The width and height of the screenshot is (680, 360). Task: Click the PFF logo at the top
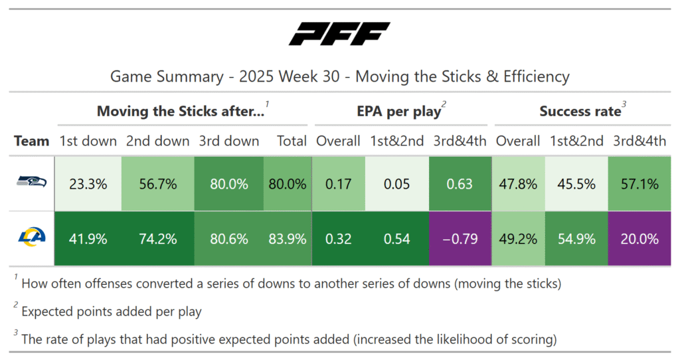[x=339, y=35]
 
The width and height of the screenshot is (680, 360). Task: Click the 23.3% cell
[x=88, y=184]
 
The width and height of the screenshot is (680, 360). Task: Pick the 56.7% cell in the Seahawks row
[x=159, y=184]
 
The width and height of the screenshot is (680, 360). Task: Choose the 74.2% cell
[x=159, y=239]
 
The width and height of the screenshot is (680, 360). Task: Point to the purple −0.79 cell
[x=460, y=239]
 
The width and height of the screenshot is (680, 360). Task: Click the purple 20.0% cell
[x=639, y=239]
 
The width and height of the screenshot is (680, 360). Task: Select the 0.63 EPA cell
[x=460, y=184]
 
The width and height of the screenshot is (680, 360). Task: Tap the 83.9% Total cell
[x=288, y=239]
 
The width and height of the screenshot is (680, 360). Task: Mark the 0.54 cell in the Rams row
[x=397, y=239]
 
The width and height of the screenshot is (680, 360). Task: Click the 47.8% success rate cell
[x=518, y=184]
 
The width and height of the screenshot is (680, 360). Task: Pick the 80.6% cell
[x=229, y=239]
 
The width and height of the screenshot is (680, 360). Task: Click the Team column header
[x=32, y=141]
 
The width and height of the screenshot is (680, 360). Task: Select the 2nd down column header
[x=159, y=141]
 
